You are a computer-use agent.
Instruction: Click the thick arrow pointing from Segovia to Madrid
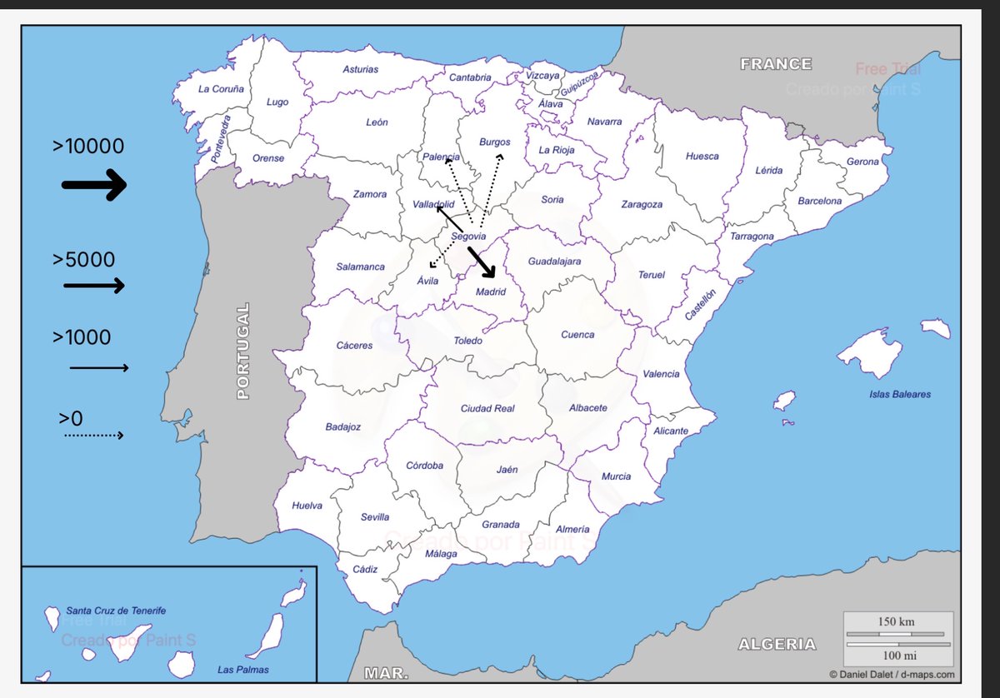(482, 262)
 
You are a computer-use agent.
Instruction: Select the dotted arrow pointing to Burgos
(492, 188)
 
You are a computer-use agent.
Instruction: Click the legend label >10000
(88, 147)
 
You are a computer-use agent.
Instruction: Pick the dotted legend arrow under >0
(94, 435)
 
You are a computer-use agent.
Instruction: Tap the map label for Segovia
(468, 237)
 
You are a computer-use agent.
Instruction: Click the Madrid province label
(490, 292)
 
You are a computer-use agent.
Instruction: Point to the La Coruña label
(221, 88)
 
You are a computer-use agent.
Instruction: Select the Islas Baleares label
(900, 394)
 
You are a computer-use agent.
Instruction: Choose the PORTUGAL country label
(242, 351)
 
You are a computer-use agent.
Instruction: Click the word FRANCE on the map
(776, 64)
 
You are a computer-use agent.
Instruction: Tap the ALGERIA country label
(777, 644)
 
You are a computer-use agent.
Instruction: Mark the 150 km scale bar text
(897, 622)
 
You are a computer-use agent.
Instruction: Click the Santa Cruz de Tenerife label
(116, 611)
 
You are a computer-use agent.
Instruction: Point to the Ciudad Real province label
(487, 408)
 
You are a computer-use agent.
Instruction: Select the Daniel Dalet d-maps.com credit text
(892, 675)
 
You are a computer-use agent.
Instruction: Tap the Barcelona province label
(820, 201)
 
